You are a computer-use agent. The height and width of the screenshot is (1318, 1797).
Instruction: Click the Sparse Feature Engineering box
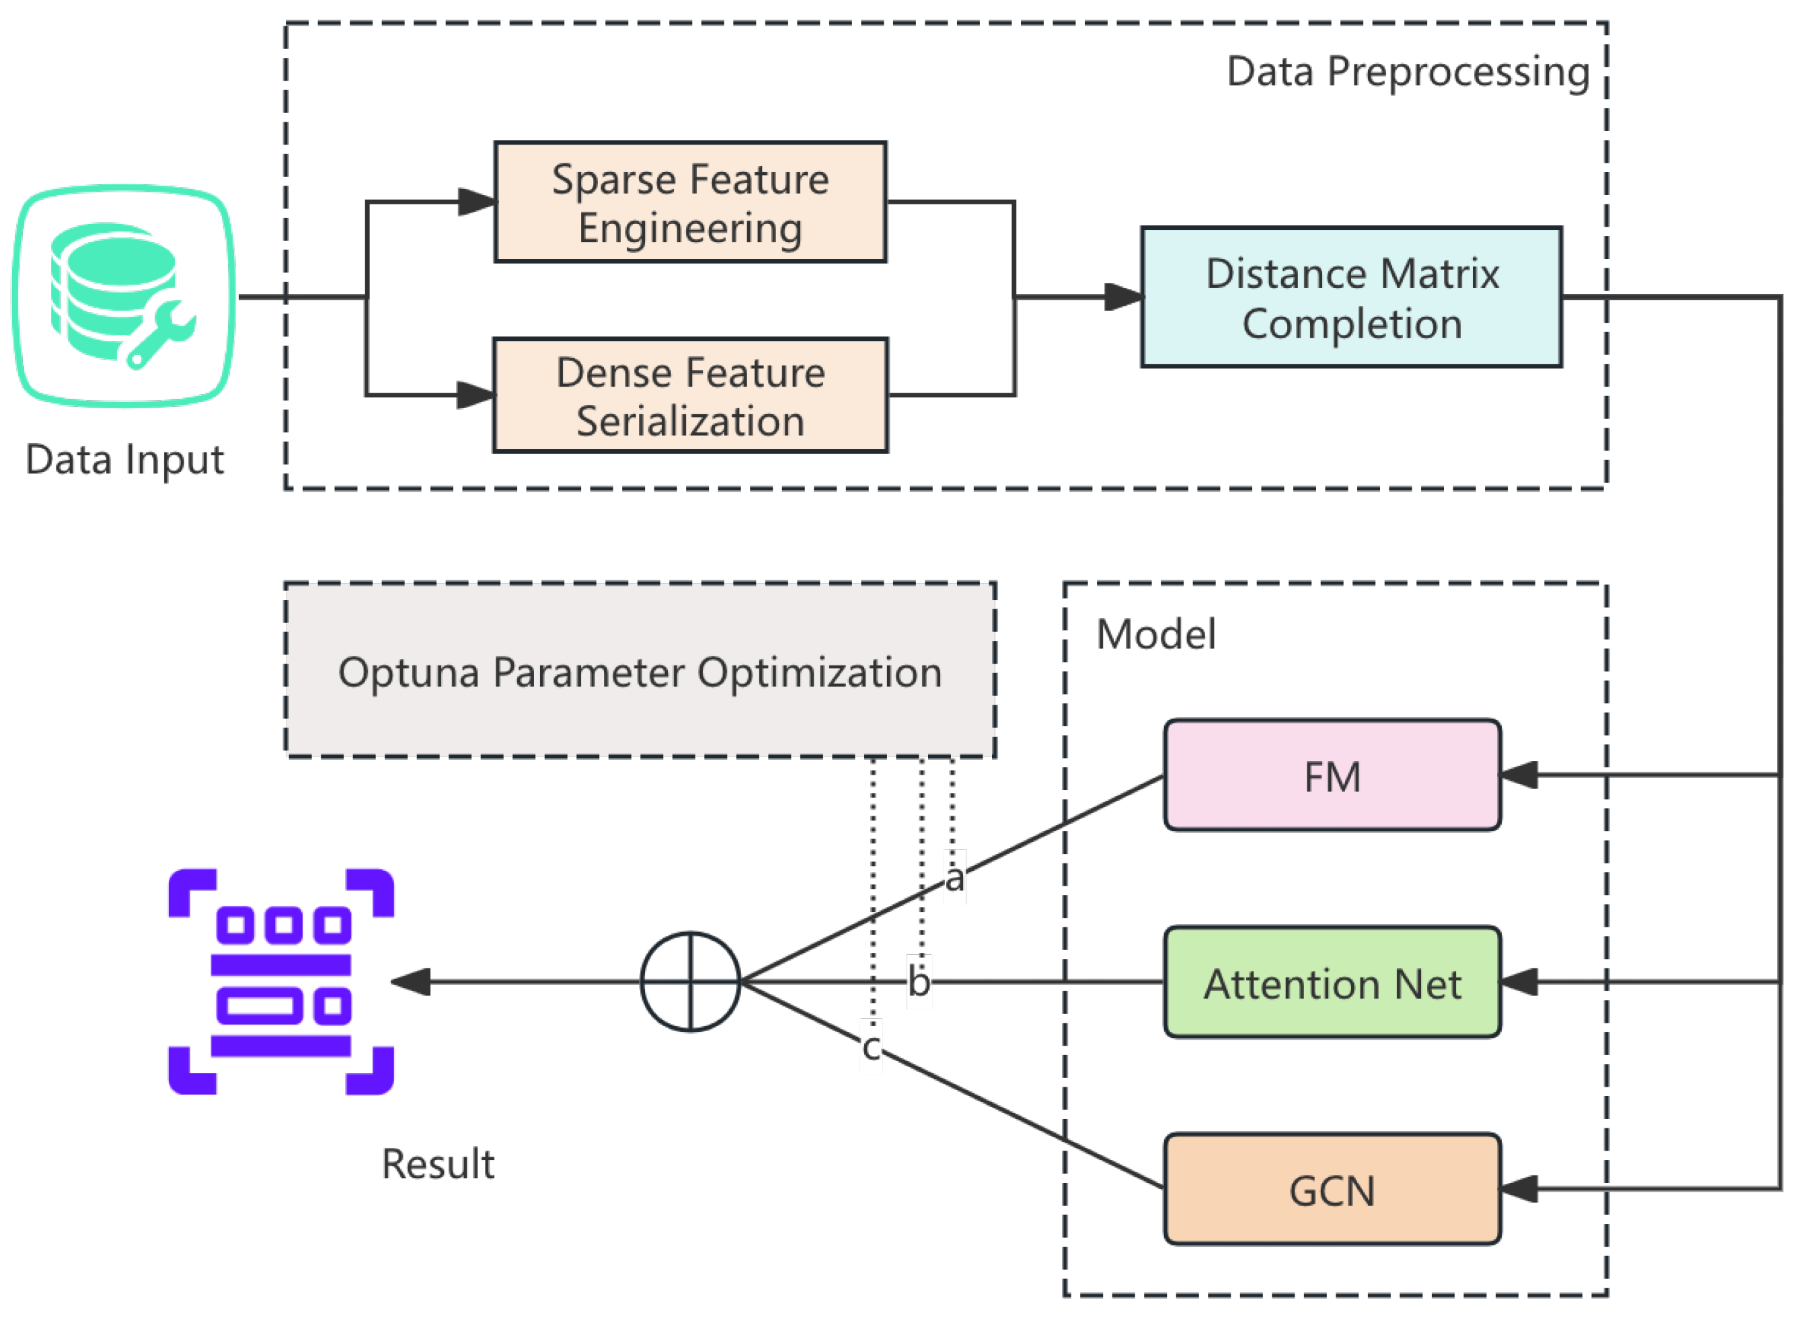tap(690, 202)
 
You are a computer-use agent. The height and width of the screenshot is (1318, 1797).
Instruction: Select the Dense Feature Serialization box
tap(690, 395)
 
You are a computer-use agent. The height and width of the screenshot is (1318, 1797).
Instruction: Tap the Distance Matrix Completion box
tap(1352, 298)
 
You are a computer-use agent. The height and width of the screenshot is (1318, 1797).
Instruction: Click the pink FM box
tap(1332, 776)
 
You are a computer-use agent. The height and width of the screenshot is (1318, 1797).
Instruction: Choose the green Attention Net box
tap(1332, 983)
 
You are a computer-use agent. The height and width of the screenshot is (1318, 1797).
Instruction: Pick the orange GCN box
tap(1332, 1190)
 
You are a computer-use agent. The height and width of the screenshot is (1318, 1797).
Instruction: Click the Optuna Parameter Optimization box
tap(640, 671)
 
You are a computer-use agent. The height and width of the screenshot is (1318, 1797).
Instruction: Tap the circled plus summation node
tap(690, 982)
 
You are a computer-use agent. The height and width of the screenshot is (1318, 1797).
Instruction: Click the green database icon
tap(124, 296)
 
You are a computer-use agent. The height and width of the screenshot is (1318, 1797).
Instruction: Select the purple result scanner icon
tap(281, 982)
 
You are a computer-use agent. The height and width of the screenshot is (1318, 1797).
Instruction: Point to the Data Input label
tap(124, 461)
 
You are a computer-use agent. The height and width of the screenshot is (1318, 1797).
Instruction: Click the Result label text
tap(437, 1164)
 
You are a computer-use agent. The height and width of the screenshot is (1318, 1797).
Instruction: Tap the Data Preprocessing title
tap(1408, 72)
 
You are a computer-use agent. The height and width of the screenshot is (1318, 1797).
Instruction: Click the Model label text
tap(1155, 635)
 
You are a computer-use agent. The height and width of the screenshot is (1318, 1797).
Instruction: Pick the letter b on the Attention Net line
tap(919, 981)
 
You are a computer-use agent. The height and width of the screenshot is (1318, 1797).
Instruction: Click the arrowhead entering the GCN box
tap(1519, 1190)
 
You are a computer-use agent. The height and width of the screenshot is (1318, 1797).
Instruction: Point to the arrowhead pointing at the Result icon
tap(412, 982)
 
